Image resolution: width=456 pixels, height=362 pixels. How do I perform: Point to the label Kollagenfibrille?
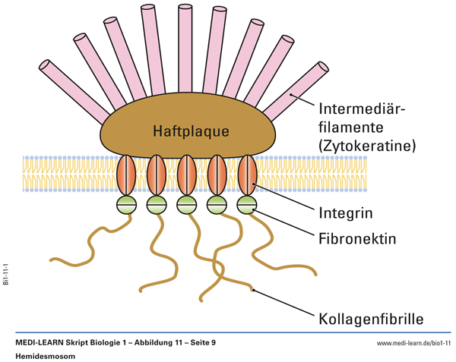369,317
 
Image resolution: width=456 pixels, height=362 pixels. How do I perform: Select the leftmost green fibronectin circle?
126,204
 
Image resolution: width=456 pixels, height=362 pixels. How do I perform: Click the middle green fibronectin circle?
187,204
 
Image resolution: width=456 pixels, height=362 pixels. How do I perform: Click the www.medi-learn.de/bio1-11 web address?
413,344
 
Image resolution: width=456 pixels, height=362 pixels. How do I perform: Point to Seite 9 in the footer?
201,343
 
